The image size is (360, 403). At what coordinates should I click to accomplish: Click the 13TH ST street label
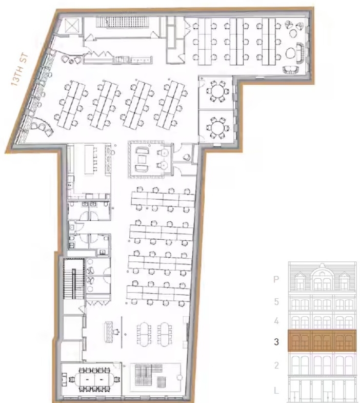[19, 69]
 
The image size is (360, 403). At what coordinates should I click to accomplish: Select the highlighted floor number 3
[276, 341]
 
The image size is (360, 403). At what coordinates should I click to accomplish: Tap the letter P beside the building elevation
[276, 279]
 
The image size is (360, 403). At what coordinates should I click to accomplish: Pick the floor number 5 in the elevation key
[276, 301]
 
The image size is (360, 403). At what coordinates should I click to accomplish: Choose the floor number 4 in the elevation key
[276, 321]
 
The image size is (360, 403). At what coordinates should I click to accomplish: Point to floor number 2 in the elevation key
[276, 365]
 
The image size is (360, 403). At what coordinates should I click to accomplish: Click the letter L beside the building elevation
[276, 391]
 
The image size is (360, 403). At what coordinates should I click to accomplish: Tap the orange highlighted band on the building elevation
[322, 340]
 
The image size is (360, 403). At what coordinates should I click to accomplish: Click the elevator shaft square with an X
[70, 26]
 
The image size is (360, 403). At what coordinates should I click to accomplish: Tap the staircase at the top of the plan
[123, 22]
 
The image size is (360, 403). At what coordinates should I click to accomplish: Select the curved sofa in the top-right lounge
[300, 53]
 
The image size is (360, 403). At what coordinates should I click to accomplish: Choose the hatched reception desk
[109, 332]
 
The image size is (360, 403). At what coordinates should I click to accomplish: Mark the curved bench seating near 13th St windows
[43, 127]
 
